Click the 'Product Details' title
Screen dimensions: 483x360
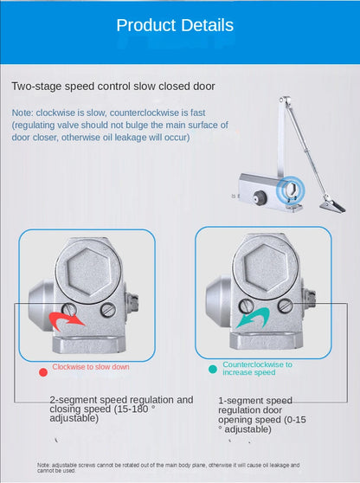pyautogui.click(x=175, y=26)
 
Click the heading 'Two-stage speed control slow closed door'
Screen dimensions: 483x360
pyautogui.click(x=113, y=87)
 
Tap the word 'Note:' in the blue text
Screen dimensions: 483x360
pyautogui.click(x=23, y=113)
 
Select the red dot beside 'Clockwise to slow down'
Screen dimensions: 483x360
pyautogui.click(x=42, y=371)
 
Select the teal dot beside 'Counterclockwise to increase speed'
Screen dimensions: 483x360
pyautogui.click(x=212, y=369)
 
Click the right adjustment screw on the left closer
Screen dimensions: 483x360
pyautogui.click(x=107, y=309)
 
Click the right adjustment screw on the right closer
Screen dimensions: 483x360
pyautogui.click(x=285, y=305)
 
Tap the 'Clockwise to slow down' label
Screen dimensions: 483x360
pyautogui.click(x=91, y=367)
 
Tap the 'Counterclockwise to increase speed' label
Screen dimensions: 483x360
pyautogui.click(x=257, y=369)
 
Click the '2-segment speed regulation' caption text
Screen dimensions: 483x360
pyautogui.click(x=121, y=409)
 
